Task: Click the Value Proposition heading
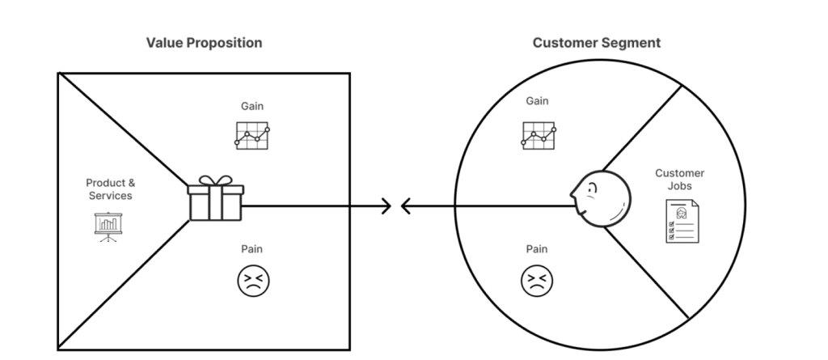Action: pyautogui.click(x=204, y=43)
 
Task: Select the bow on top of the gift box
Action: pyautogui.click(x=214, y=181)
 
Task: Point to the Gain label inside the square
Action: pyautogui.click(x=252, y=106)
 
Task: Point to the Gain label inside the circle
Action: pyautogui.click(x=537, y=101)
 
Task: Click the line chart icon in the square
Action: pyautogui.click(x=252, y=135)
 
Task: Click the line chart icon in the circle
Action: pyautogui.click(x=538, y=134)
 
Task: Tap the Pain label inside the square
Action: pyautogui.click(x=252, y=249)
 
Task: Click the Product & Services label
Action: pyautogui.click(x=109, y=189)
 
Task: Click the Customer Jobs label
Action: pyautogui.click(x=679, y=180)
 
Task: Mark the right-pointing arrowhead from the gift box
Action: pyautogui.click(x=386, y=206)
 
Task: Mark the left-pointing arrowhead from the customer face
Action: pyautogui.click(x=406, y=206)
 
